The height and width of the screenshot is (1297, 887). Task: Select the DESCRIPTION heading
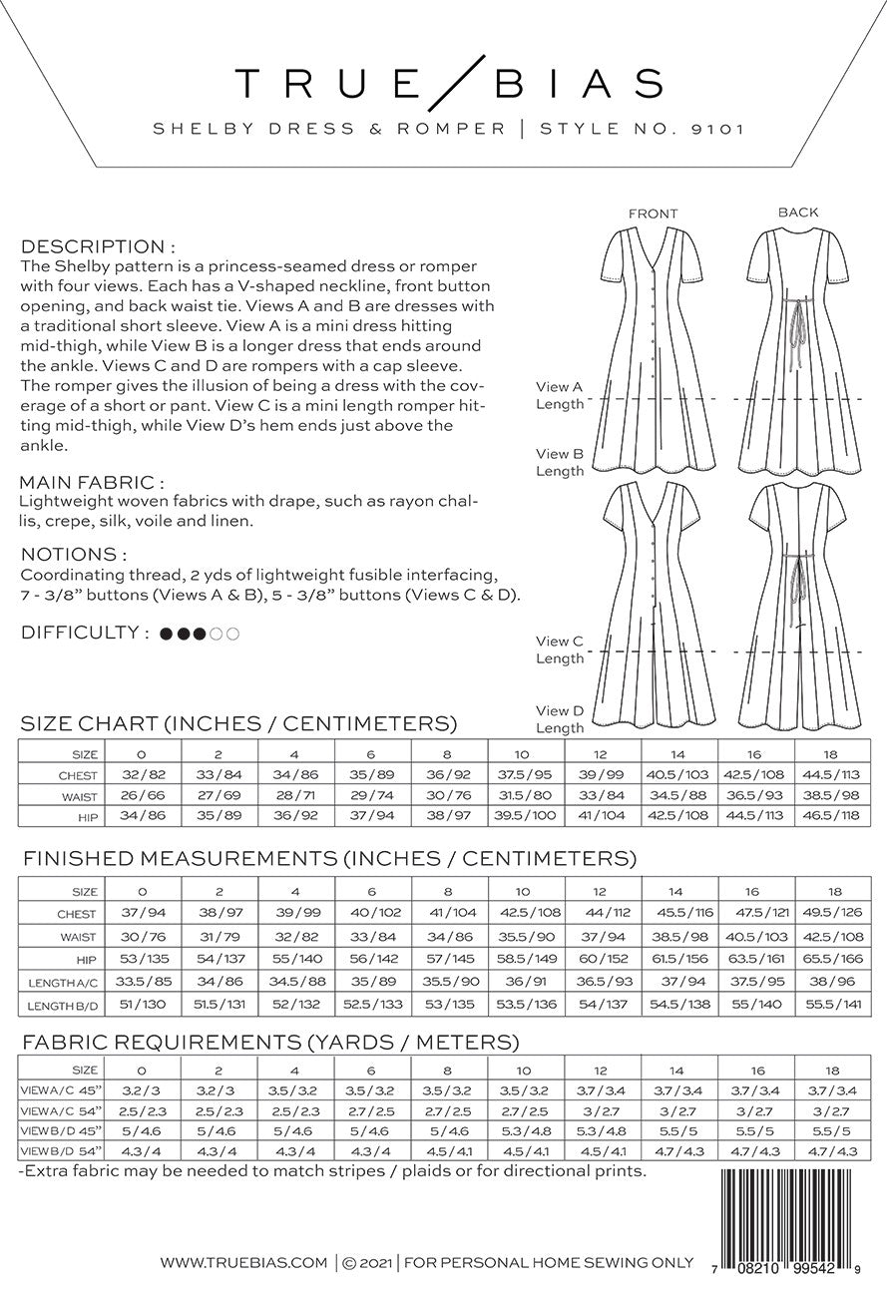(x=99, y=246)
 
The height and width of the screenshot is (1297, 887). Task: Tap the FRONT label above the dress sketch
(x=654, y=214)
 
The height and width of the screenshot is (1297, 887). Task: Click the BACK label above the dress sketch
(x=798, y=212)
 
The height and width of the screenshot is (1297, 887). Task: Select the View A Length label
(x=560, y=395)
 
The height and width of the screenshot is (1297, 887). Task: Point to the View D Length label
(x=560, y=719)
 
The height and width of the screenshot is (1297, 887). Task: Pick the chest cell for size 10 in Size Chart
(x=526, y=775)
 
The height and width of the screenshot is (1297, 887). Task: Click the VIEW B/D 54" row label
(x=61, y=1152)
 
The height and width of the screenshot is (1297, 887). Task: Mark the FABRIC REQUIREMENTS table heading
(x=269, y=1043)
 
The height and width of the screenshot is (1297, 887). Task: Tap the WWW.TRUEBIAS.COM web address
(x=243, y=1263)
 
